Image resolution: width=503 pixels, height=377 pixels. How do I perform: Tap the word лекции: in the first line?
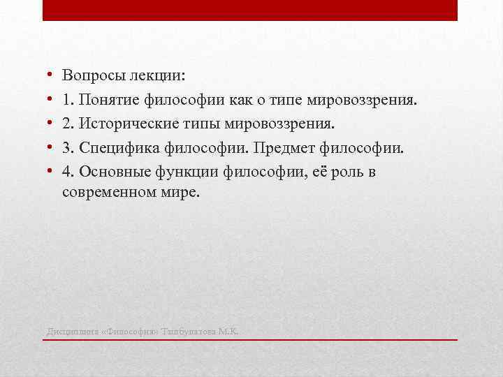(158, 75)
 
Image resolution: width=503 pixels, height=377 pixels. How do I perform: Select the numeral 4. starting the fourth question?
(68, 172)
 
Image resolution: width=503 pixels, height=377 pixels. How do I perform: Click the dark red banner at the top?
(250, 10)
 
